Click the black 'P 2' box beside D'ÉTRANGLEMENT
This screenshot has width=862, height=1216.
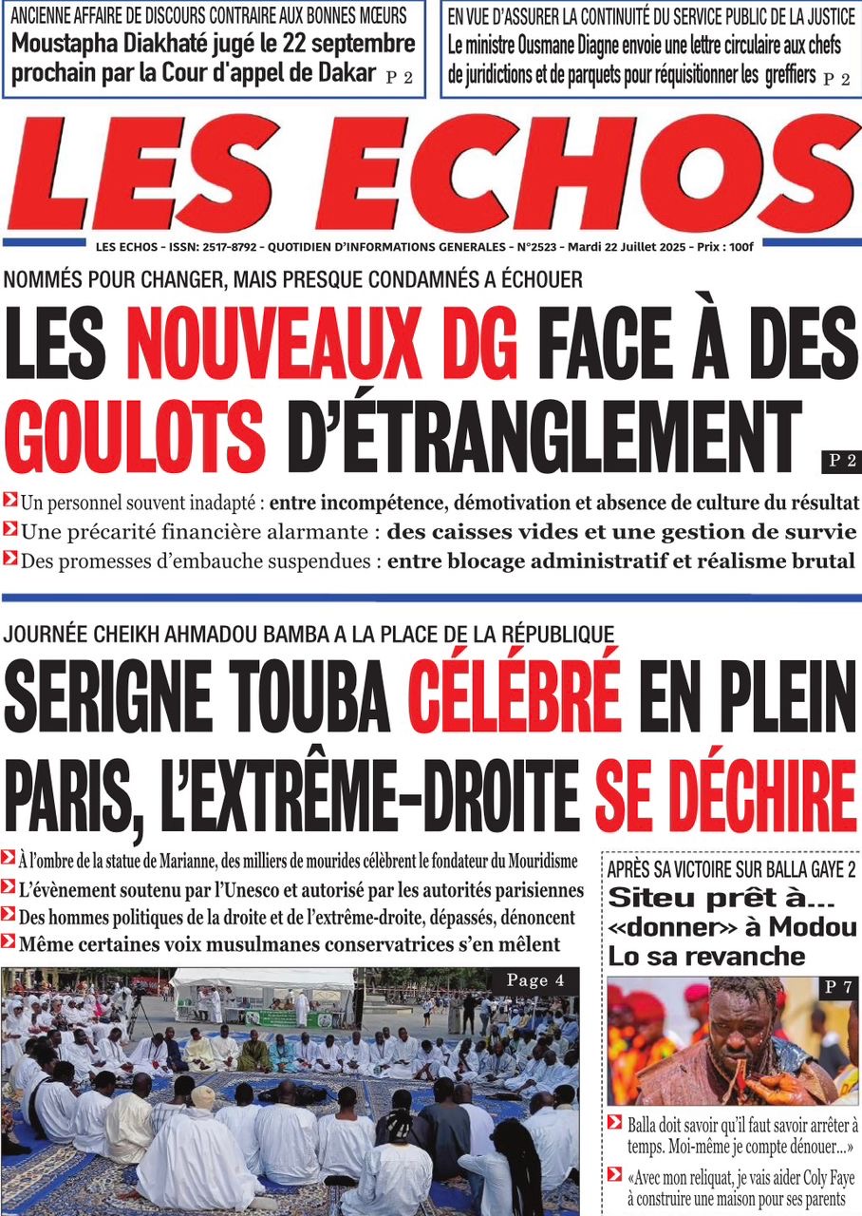pyautogui.click(x=840, y=462)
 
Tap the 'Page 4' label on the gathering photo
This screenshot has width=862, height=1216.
pyautogui.click(x=535, y=980)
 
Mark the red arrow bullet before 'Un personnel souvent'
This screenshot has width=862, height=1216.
pyautogui.click(x=9, y=500)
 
